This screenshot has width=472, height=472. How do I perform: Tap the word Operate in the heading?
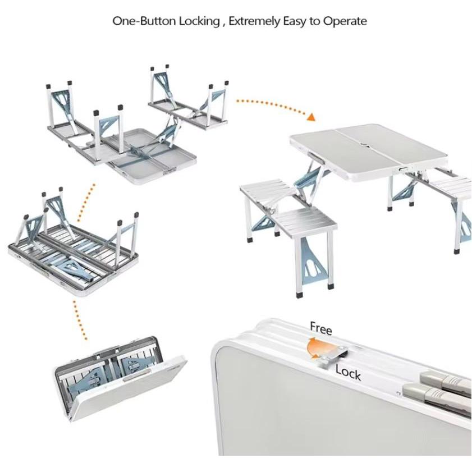(x=345, y=22)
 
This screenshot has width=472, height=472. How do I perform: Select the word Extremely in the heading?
(x=254, y=21)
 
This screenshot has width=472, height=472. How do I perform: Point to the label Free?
(x=321, y=328)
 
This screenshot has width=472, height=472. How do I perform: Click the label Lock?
(x=349, y=373)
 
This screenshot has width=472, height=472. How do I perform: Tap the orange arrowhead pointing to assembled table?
(x=311, y=117)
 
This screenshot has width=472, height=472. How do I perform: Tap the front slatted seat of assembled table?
(x=305, y=218)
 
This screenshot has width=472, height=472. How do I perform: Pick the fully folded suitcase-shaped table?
(x=121, y=378)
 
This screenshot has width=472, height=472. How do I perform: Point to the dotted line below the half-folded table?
(x=80, y=320)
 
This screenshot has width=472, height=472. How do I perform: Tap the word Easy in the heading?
(x=295, y=22)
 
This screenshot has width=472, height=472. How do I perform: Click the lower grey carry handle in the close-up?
(x=437, y=397)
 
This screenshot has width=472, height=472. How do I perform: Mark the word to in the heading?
(x=315, y=22)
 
